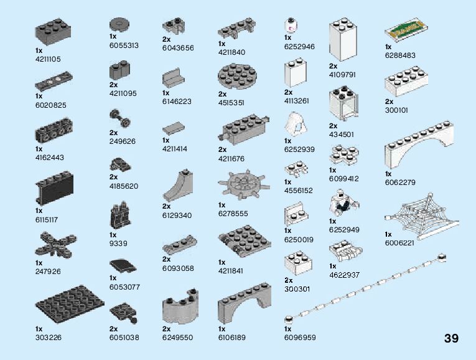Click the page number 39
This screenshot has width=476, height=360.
tap(451, 339)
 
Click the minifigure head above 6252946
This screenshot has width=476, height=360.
tap(290, 26)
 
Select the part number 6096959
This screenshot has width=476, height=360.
tap(300, 338)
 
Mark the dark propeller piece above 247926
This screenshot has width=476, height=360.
tap(57, 244)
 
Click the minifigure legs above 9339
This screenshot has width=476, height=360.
tap(121, 216)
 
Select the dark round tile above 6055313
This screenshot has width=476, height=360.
tap(119, 25)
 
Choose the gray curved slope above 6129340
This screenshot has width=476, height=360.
tap(179, 186)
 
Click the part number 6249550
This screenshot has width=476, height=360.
tap(178, 338)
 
